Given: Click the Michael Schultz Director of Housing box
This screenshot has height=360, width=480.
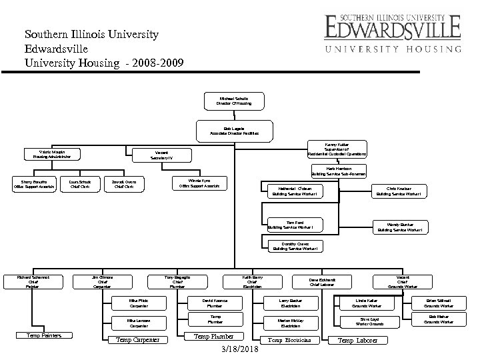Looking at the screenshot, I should coord(233,101).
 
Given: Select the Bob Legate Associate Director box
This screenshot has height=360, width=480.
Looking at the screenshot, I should coord(233,129).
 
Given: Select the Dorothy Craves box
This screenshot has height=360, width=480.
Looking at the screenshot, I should coord(295,247).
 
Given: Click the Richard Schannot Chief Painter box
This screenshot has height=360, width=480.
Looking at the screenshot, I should coord(32,281).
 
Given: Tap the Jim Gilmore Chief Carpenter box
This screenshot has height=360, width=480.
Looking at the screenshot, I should coord(102,281).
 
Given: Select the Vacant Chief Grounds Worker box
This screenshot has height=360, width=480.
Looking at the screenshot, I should coord(402,281).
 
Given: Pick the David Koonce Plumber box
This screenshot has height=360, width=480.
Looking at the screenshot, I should coord(215,303).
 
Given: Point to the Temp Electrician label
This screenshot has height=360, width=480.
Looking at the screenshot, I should coord(289,340).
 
